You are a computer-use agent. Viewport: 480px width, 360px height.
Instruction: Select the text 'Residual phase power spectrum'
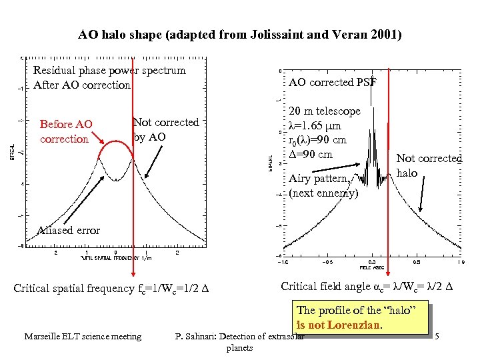pyautogui.click(x=109, y=70)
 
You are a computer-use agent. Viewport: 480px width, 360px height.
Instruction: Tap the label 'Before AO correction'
pyautogui.click(x=65, y=131)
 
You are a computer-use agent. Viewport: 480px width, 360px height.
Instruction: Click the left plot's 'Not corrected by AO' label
pyautogui.click(x=166, y=129)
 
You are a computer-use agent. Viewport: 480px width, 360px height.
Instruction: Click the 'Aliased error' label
pyautogui.click(x=69, y=230)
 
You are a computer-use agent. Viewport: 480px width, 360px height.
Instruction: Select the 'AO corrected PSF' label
pyautogui.click(x=332, y=82)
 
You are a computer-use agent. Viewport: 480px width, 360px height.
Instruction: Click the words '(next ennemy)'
pyautogui.click(x=323, y=193)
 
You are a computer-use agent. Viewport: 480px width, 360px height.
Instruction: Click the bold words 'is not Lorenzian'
pyautogui.click(x=339, y=325)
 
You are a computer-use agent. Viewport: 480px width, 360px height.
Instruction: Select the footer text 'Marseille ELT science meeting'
pyautogui.click(x=83, y=337)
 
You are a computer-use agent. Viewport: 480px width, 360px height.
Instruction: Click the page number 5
pyautogui.click(x=437, y=337)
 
